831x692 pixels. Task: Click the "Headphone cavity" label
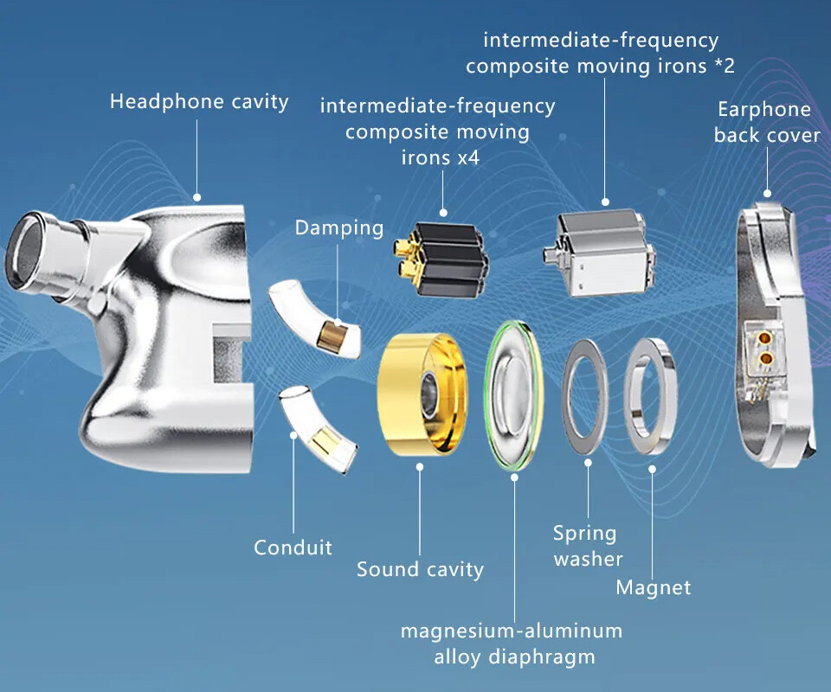coord(199,102)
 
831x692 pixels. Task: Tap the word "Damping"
coord(338,228)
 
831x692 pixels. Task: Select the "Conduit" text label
coord(293,548)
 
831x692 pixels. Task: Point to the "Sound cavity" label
coord(420,569)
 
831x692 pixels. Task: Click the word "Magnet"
coord(654,588)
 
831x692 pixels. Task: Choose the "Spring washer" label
coord(588,546)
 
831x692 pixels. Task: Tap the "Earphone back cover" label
coord(766,123)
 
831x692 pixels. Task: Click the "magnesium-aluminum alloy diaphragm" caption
coord(511,644)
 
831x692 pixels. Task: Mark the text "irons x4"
coord(440,158)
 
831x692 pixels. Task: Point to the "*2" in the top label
coord(723,66)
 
